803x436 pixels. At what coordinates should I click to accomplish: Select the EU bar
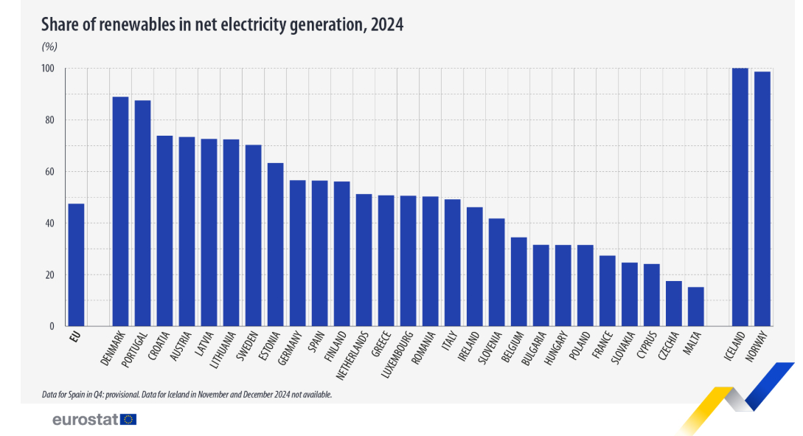76,265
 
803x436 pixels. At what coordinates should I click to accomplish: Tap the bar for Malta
696,306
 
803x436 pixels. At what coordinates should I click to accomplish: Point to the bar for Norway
762,198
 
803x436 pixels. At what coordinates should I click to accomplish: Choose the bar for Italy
453,263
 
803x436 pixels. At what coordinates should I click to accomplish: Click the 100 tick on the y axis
48,69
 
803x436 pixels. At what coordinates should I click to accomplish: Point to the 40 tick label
50,224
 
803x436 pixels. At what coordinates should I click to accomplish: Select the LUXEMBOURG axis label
398,353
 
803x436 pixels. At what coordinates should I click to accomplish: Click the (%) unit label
49,46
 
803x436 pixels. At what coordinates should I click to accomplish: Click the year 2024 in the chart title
387,24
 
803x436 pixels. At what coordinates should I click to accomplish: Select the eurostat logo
94,420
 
